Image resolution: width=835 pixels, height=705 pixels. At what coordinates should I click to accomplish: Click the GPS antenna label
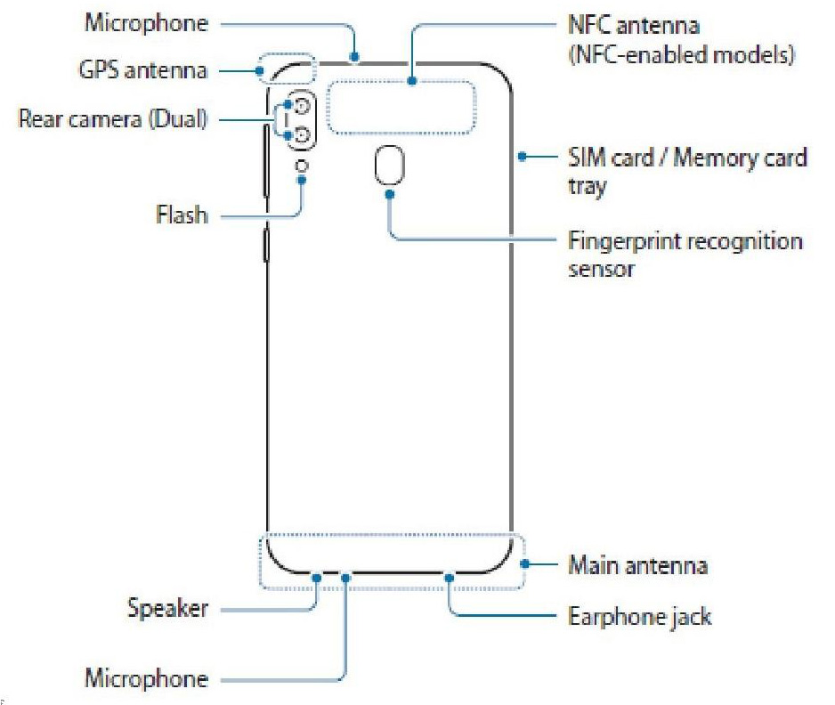point(143,69)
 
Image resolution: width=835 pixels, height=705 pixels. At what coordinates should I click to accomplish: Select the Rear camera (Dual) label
point(112,118)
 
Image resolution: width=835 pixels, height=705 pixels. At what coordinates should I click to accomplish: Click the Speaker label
point(167,610)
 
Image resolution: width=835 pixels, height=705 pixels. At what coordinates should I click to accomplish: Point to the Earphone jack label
point(639,616)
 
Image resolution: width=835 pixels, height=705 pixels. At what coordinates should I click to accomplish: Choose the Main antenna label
point(637,565)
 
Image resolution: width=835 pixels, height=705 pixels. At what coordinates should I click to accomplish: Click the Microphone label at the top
point(146,24)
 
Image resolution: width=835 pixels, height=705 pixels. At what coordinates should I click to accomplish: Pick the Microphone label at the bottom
point(146,679)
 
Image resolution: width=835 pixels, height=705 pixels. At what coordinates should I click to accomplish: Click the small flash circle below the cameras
point(303,166)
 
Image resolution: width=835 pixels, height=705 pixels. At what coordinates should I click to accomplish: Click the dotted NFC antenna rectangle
point(401,108)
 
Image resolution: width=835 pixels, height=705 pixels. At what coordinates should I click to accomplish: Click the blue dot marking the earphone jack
point(450,576)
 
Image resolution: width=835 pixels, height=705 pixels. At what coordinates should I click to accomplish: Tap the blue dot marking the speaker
point(316,576)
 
